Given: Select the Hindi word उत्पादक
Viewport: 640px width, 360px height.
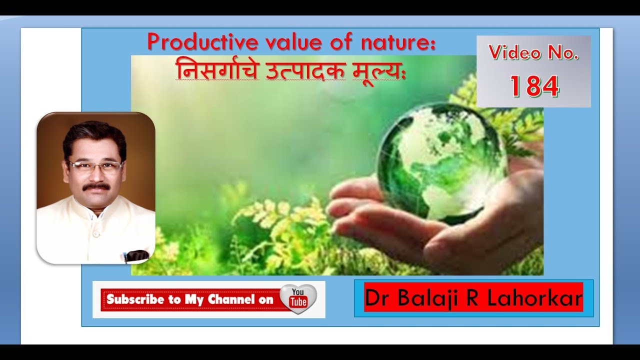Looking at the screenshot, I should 305,71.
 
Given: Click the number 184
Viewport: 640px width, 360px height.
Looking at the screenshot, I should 534,86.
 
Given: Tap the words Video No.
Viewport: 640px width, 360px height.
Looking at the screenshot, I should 533,52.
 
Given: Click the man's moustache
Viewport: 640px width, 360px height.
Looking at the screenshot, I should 96,186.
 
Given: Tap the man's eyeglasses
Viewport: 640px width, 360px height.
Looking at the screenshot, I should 95,166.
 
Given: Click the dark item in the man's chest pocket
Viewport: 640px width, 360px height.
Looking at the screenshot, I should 136,255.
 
